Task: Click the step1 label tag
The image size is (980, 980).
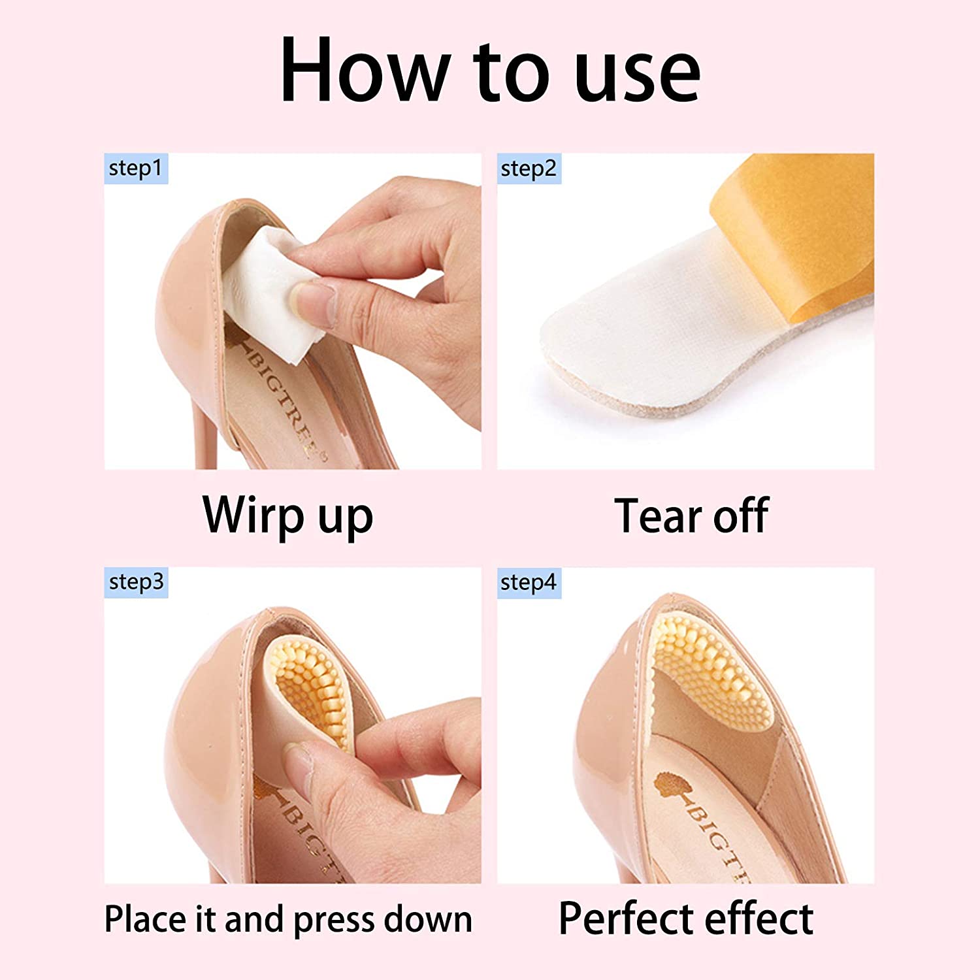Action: pyautogui.click(x=136, y=169)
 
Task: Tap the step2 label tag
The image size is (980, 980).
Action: pyautogui.click(x=529, y=169)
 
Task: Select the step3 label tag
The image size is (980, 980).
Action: pyautogui.click(x=136, y=582)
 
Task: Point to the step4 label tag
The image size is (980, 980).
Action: pyautogui.click(x=529, y=582)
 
